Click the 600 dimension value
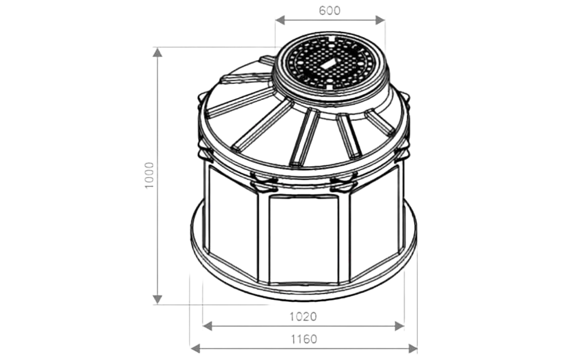[329, 10]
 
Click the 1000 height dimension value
[149, 175]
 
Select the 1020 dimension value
[304, 316]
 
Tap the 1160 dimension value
[304, 339]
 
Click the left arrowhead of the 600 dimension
[280, 20]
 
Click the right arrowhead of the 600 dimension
[380, 20]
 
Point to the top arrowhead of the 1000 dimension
[157, 52]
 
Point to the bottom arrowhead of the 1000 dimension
[157, 299]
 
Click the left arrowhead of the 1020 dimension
[208, 326]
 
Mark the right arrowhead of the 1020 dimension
[400, 326]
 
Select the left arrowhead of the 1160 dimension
[195, 348]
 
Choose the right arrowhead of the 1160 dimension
[413, 348]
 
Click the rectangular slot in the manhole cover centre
[329, 64]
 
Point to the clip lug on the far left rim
[200, 99]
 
